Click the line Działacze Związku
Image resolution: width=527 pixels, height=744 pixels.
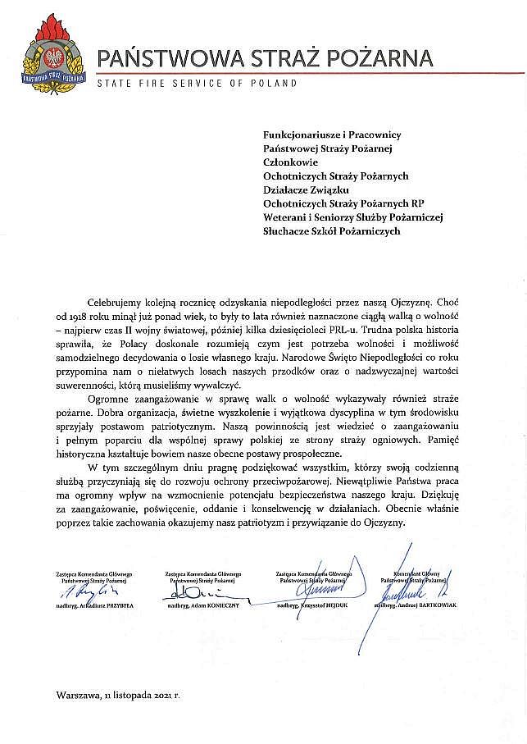(307, 189)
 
